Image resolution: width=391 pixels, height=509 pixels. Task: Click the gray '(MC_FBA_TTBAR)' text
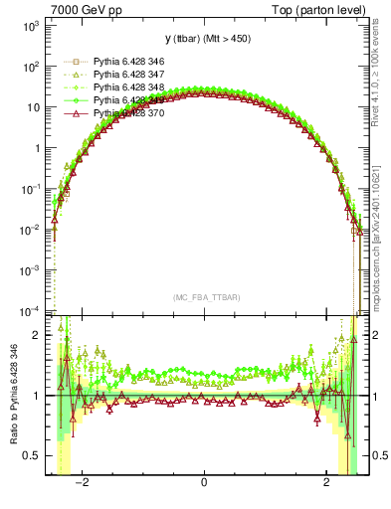pos(204,296)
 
